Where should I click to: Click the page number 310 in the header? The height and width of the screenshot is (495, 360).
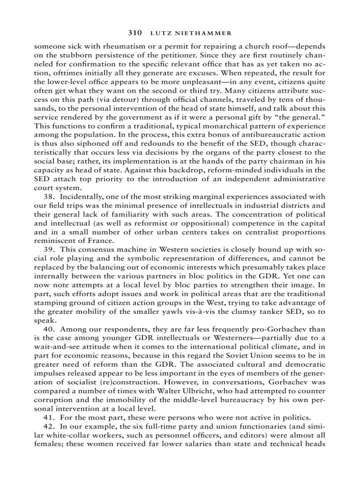(135, 33)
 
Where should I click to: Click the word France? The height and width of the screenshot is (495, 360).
(99, 241)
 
